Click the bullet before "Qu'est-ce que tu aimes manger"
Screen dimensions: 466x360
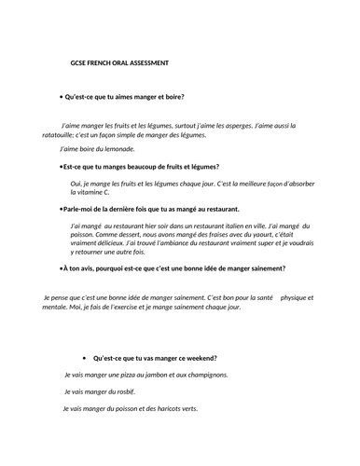click(x=61, y=97)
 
